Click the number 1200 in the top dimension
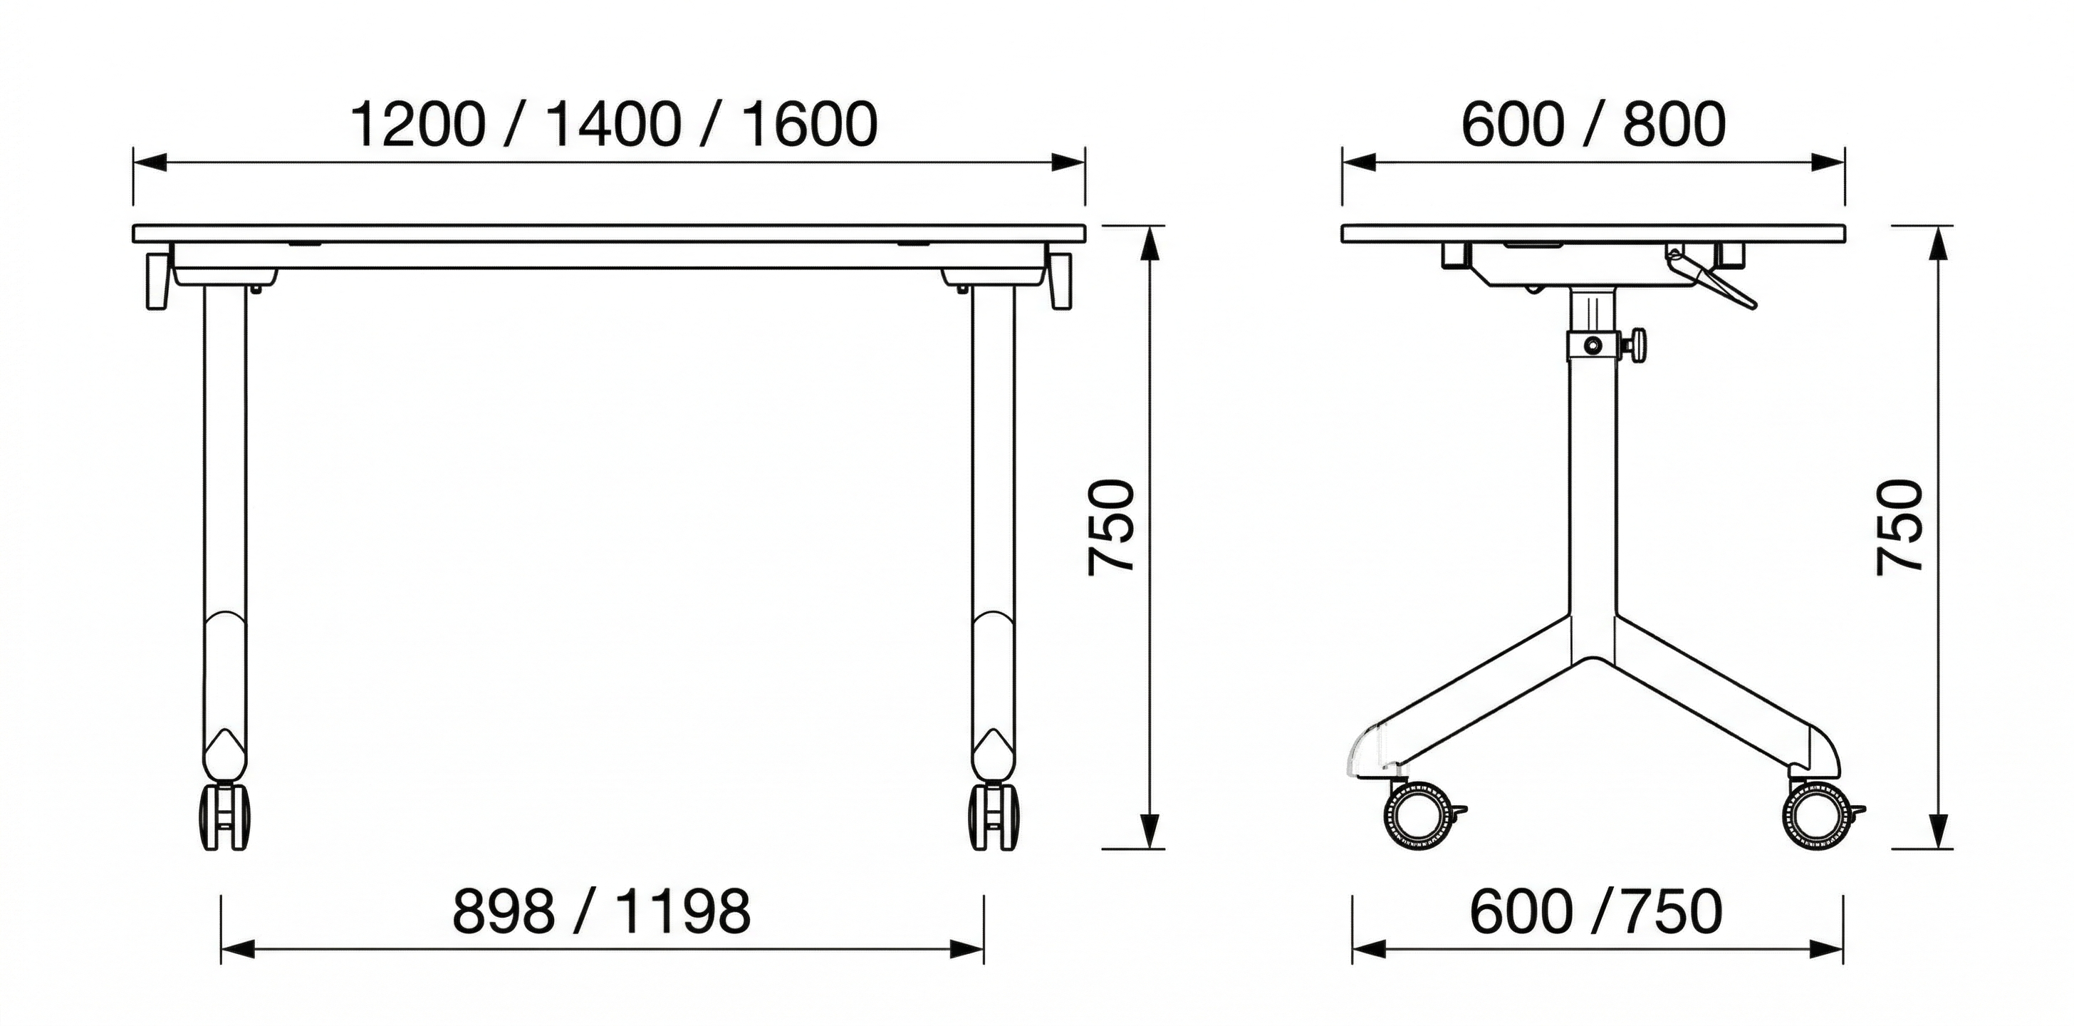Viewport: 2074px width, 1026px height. [419, 125]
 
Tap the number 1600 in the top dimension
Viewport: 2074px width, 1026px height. [810, 125]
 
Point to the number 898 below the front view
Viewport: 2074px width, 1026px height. [504, 911]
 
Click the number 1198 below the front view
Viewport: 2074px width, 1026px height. [684, 911]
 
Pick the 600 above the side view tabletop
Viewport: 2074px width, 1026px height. [1513, 125]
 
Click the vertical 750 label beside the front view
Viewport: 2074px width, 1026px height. [1111, 527]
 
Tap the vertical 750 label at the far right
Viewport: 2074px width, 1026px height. [1900, 527]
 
